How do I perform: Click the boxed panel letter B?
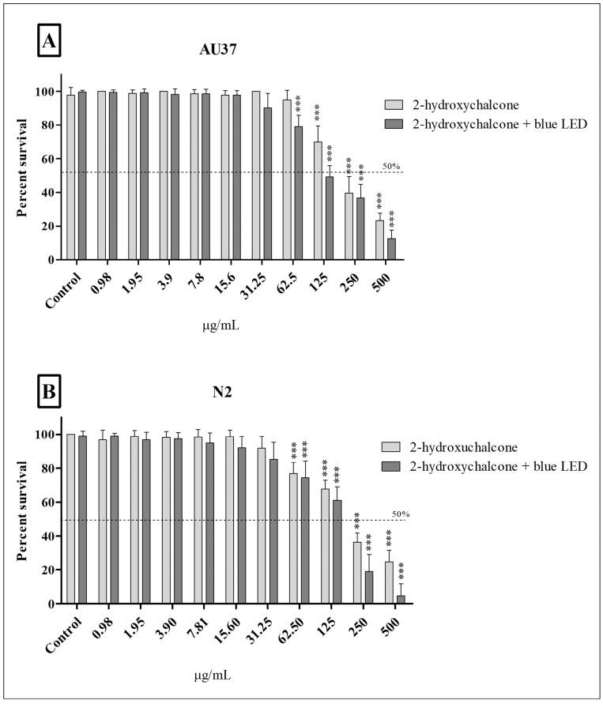click(x=49, y=391)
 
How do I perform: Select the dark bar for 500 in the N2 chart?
click(x=401, y=599)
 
